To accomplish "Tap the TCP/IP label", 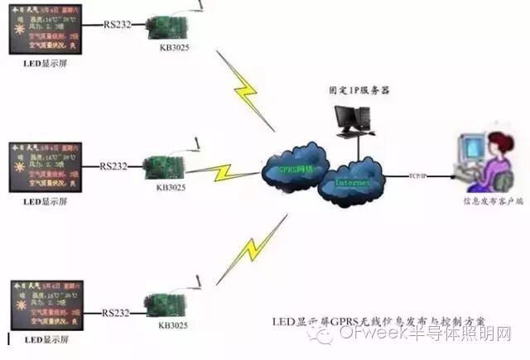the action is tap(419, 175).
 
